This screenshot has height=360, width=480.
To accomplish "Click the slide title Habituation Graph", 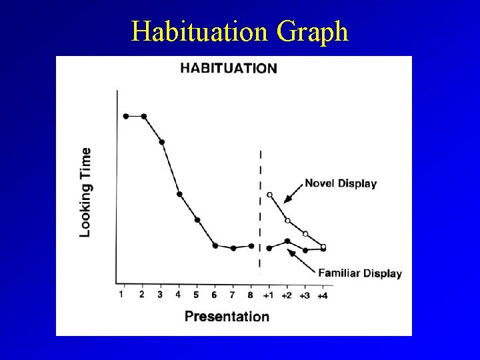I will (x=240, y=31).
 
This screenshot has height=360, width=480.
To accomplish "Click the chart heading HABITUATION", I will (x=229, y=68).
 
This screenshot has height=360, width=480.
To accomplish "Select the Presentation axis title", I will (x=227, y=316).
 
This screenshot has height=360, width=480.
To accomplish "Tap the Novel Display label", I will (x=341, y=183).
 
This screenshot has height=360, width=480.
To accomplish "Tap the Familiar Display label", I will (x=360, y=273).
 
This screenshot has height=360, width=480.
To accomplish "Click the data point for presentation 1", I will (x=126, y=116).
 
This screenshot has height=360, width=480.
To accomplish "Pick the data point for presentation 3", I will (x=162, y=142).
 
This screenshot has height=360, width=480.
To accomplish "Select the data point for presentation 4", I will (x=179, y=194).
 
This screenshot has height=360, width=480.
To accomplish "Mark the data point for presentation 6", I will (x=215, y=245).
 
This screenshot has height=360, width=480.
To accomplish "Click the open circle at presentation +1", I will (x=269, y=195).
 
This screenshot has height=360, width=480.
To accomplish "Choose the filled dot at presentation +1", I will (x=269, y=248).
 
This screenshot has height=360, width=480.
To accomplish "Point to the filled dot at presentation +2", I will (x=287, y=241).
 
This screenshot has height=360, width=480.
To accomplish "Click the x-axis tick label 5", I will (x=197, y=294).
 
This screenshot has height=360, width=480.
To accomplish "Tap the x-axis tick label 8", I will (x=251, y=294).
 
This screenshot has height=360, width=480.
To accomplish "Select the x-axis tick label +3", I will (x=304, y=295).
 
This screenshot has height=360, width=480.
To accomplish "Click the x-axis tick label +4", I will (x=322, y=295).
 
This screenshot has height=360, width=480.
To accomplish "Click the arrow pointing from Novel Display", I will (x=293, y=192).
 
